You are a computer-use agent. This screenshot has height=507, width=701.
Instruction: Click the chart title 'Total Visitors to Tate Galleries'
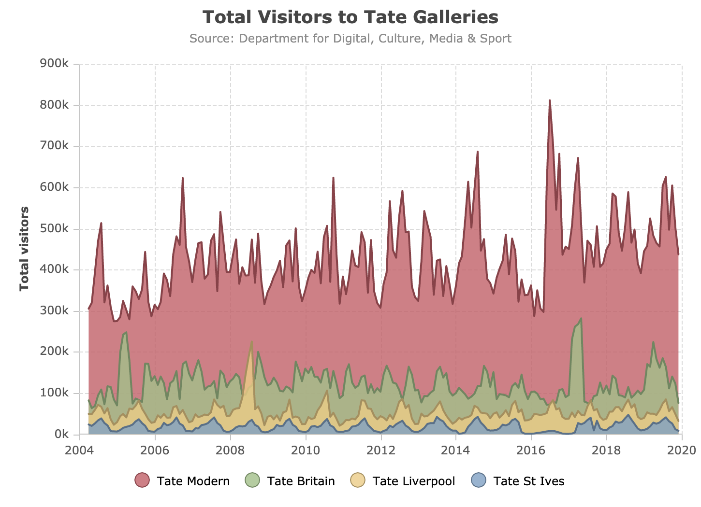350,17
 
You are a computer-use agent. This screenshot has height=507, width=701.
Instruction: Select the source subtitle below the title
350,39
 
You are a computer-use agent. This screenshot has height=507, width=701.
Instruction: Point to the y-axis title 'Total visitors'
24,249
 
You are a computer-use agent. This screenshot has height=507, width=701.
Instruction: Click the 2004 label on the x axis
80,450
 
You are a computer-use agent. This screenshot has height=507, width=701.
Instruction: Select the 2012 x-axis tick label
381,450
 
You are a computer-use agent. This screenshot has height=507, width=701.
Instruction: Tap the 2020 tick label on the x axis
682,450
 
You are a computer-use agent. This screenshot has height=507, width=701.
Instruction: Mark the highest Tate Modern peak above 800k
550,100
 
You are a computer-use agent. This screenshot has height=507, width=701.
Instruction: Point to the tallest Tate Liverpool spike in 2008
252,342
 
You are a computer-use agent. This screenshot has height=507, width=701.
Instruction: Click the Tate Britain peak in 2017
581,319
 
